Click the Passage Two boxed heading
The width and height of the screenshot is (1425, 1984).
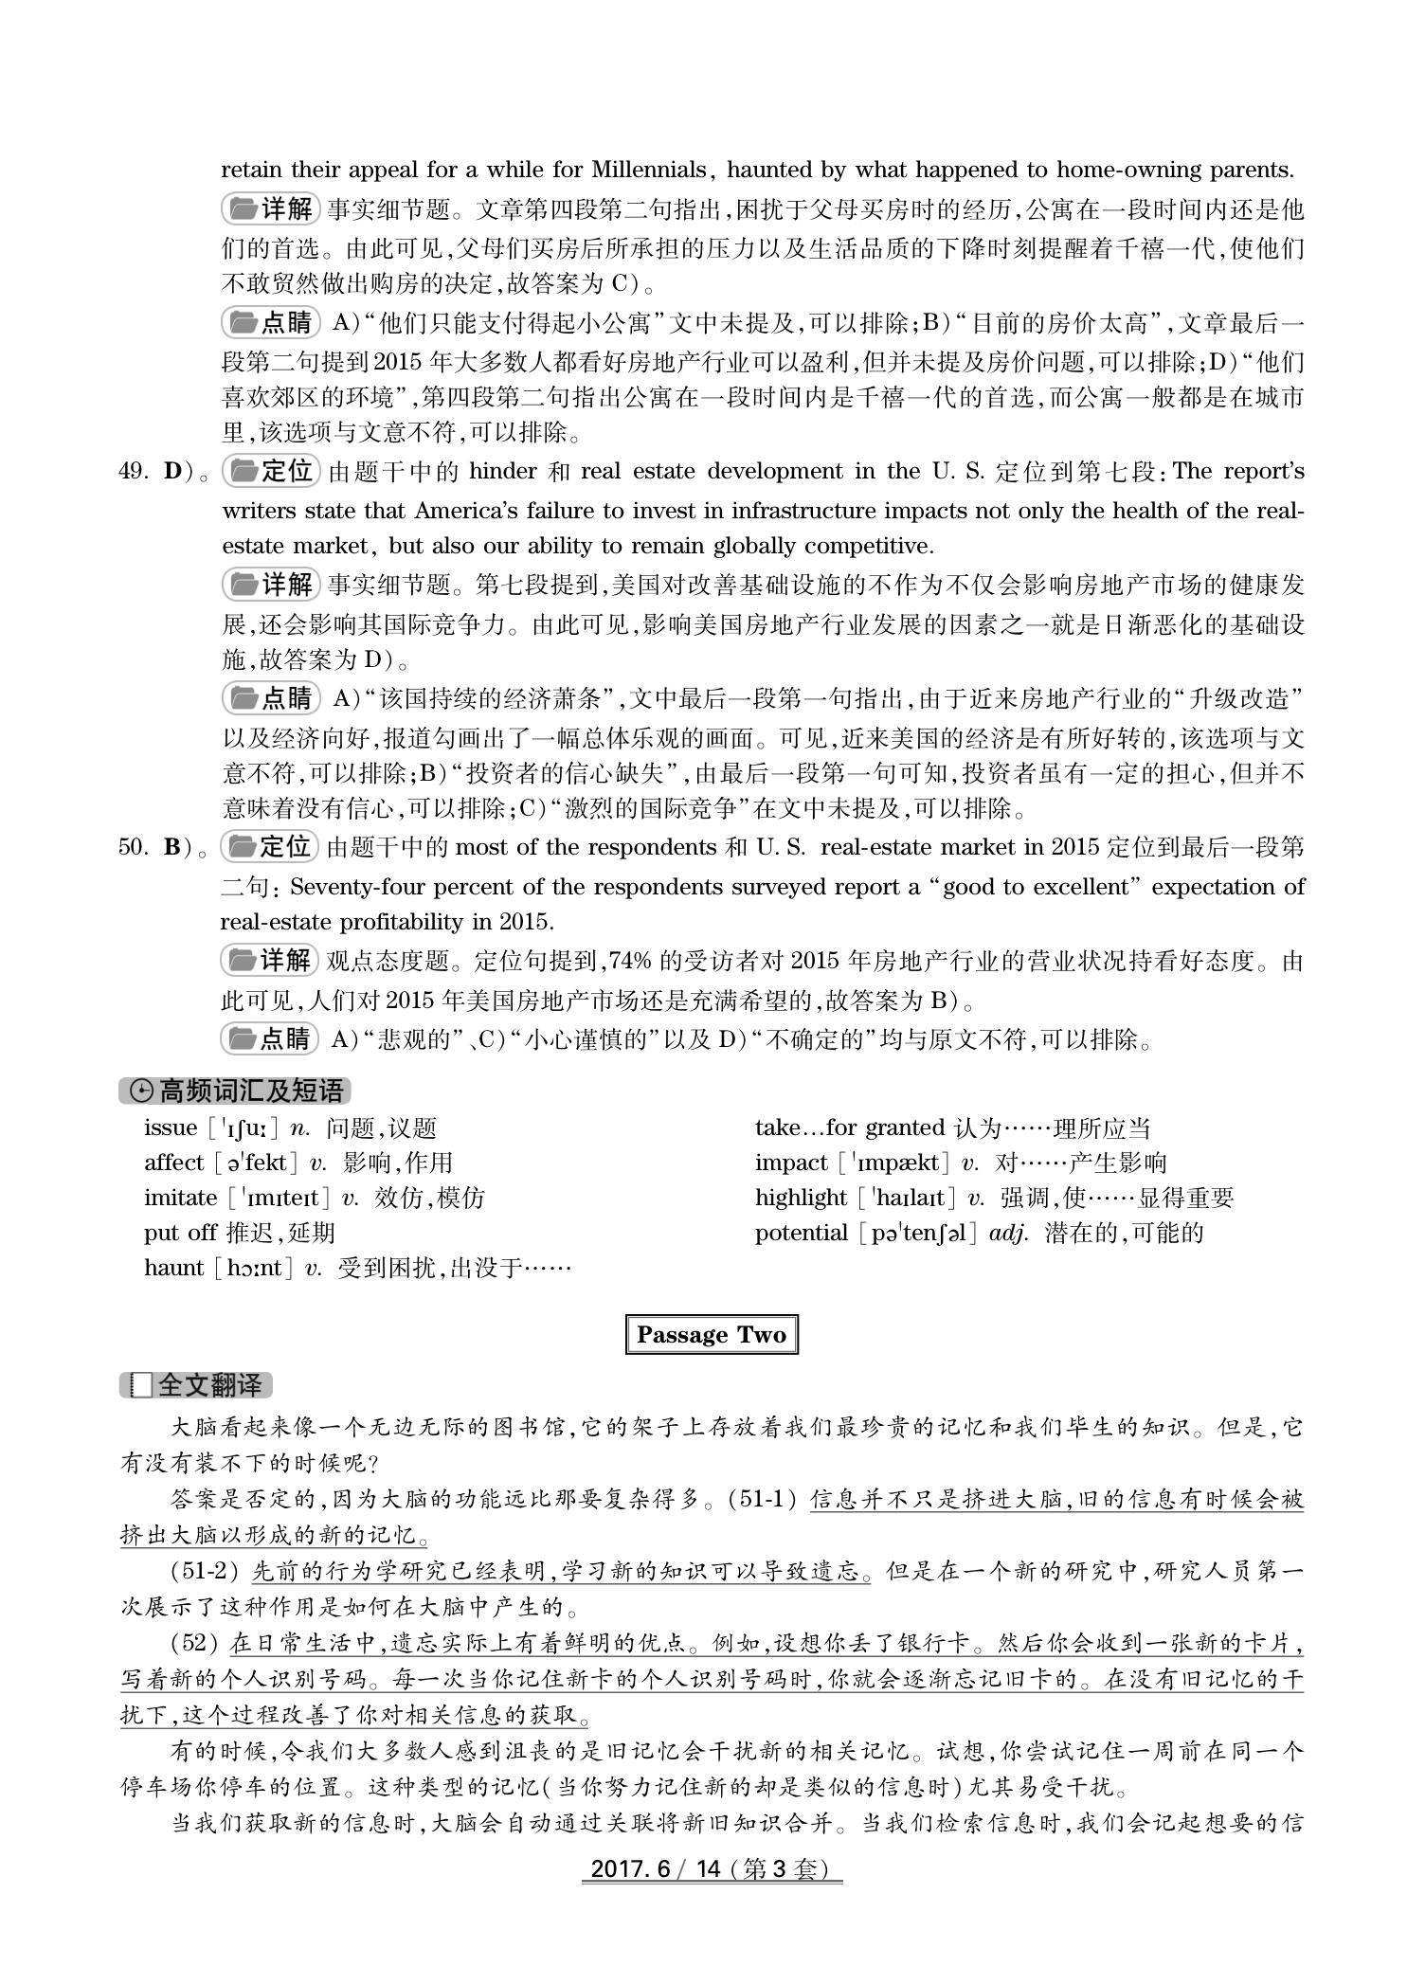(712, 1335)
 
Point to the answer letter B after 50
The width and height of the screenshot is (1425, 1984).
(172, 847)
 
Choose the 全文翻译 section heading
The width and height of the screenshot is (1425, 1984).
(196, 1385)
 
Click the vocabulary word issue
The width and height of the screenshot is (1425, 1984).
(171, 1127)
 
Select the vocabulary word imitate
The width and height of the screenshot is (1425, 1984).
(180, 1198)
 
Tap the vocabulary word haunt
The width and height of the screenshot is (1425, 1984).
(173, 1268)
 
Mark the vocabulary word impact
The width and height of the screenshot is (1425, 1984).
(791, 1163)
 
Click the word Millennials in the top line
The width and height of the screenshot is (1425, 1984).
(649, 171)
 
